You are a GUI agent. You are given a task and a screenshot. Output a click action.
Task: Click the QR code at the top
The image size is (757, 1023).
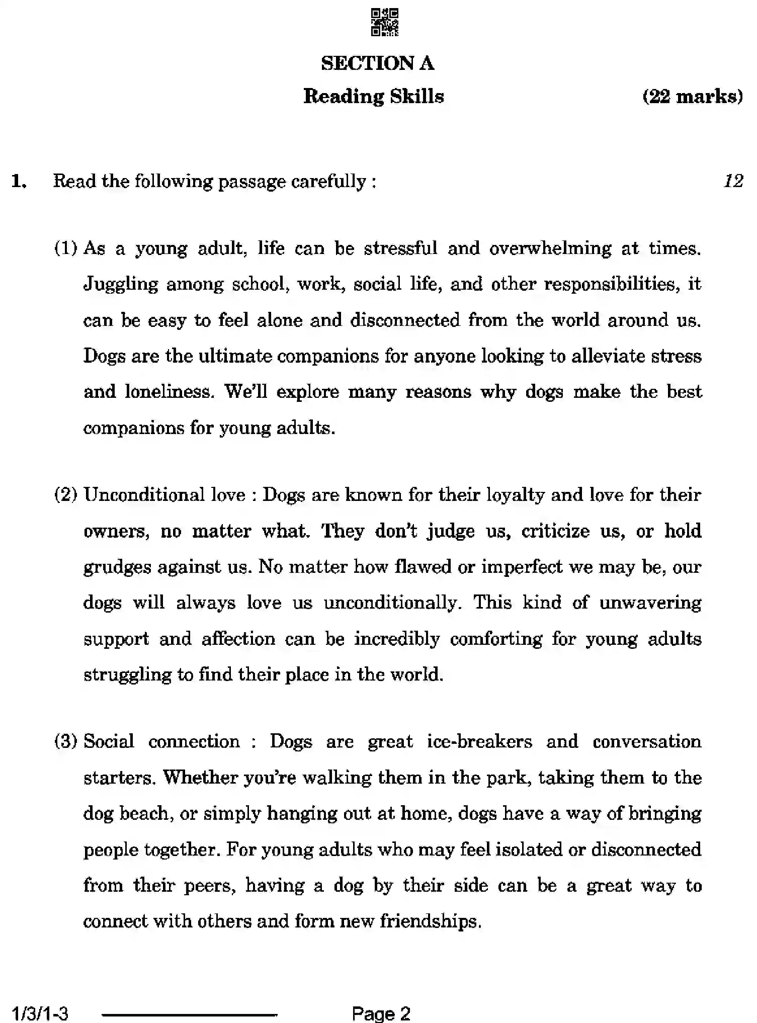coord(385,23)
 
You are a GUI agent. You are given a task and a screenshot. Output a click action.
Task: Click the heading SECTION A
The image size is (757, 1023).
coord(377,63)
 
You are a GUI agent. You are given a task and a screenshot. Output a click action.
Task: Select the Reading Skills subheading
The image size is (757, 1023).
coord(374,96)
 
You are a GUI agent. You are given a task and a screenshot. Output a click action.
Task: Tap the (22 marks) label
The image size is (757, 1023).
coord(692,96)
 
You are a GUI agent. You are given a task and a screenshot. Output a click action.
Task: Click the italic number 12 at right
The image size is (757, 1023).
coord(733,181)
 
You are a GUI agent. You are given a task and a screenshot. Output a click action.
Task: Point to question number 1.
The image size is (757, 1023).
coord(19,182)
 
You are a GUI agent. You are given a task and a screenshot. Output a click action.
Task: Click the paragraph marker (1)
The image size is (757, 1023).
coord(66,248)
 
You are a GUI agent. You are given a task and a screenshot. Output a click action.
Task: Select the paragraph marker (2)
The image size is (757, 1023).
coord(66,495)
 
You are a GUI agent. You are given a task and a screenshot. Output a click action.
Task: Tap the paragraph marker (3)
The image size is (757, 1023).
coord(66,741)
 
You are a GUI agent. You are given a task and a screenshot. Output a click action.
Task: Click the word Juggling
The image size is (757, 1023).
coord(120,285)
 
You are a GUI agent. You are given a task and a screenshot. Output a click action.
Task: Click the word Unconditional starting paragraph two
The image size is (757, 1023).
coord(144,495)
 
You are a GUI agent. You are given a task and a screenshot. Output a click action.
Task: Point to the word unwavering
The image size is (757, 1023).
coord(650,603)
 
